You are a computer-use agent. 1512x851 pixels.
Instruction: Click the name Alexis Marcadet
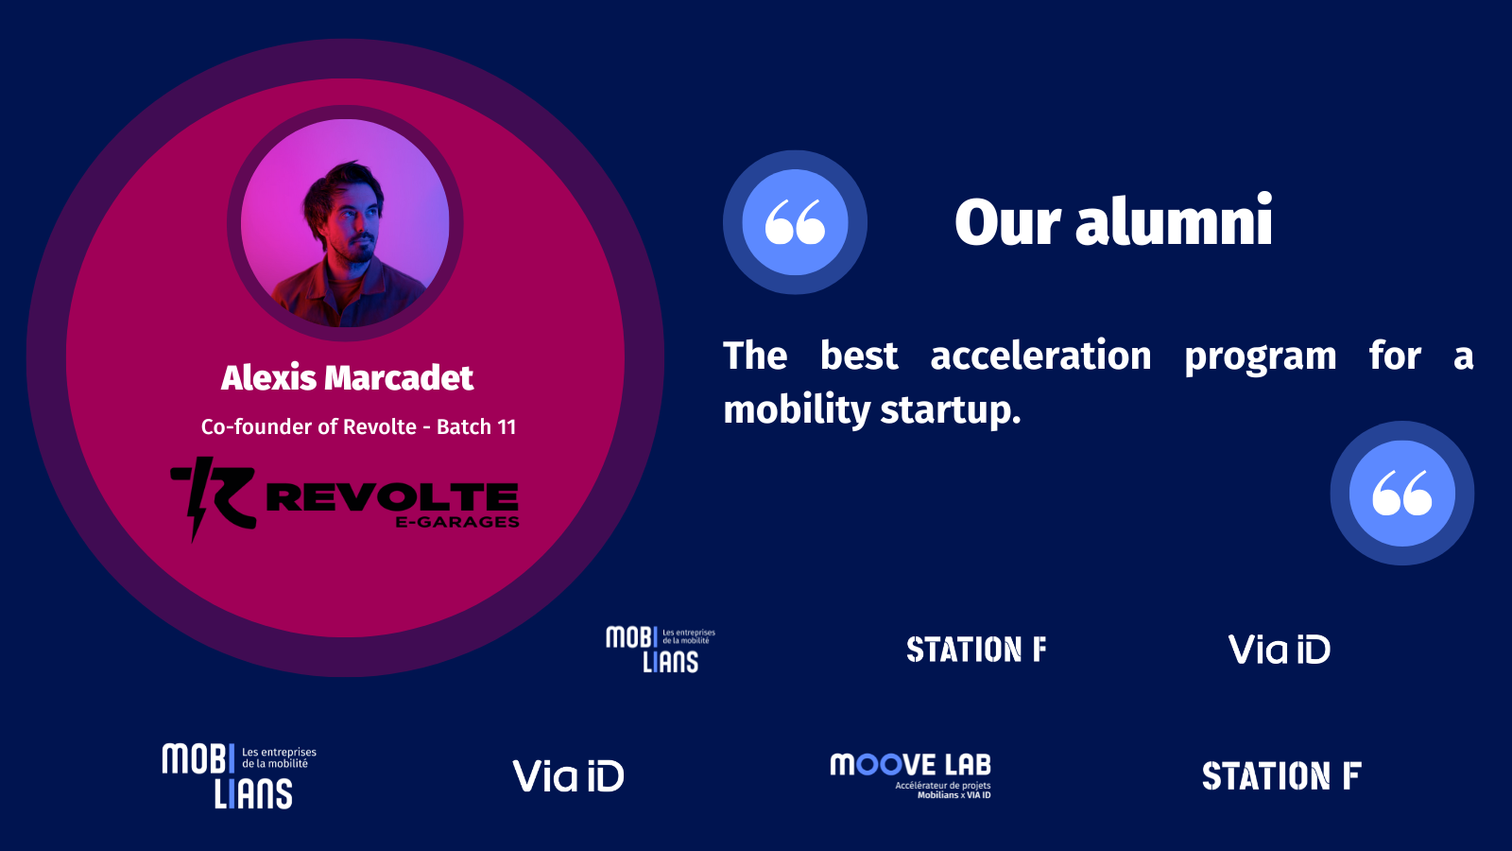coord(347,377)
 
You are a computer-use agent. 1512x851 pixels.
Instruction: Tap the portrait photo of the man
coord(345,223)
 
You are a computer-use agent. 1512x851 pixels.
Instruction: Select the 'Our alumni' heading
coord(1114,221)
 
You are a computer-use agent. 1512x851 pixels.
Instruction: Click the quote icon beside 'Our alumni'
coord(795,222)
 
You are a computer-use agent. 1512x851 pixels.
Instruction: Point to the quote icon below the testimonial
coord(1402,493)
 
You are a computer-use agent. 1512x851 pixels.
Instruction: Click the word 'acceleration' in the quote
coord(1040,356)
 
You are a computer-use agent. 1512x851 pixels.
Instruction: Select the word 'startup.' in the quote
coord(951,410)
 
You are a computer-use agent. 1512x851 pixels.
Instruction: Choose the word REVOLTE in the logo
coord(392,497)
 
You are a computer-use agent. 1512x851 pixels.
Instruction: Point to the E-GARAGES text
coord(457,522)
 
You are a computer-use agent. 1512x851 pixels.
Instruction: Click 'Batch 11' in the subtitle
coord(476,426)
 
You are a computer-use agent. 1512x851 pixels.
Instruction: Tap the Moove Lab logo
coord(911,775)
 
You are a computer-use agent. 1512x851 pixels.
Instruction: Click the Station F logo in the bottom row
coord(1281,775)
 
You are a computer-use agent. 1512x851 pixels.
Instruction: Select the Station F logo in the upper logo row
coord(976,650)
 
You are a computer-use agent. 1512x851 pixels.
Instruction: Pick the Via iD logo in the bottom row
coord(568,775)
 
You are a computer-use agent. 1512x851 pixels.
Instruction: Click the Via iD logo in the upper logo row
coord(1280,649)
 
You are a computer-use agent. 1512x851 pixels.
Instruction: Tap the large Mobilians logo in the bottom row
coord(239,776)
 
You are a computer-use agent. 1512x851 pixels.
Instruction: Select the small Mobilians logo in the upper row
coord(661,650)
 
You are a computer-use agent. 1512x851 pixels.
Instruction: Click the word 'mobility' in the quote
coord(797,410)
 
